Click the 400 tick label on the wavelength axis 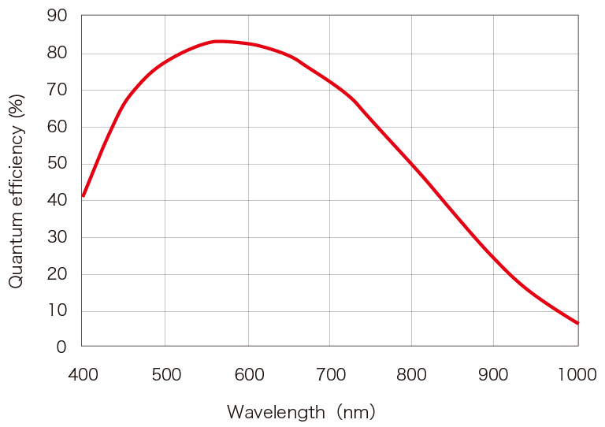coord(83,375)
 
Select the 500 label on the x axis coord(165,375)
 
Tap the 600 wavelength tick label coord(248,375)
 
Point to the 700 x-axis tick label coord(331,375)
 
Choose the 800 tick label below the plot coord(411,375)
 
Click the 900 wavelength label coord(494,375)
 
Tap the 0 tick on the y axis coord(62,347)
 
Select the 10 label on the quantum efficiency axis coord(58,310)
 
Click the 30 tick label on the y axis coord(58,237)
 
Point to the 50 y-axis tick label coord(58,163)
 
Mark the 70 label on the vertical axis coord(58,90)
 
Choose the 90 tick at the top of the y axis coord(58,17)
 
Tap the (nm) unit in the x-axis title coord(355,412)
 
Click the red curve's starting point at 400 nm coord(83,195)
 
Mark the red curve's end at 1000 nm coord(577,323)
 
